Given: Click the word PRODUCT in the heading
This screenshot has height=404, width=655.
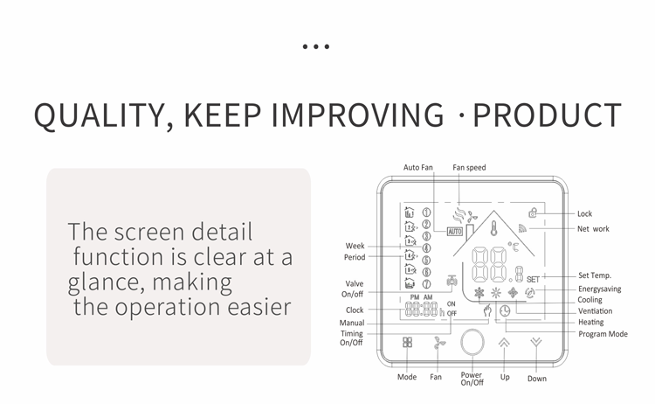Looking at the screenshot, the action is (548, 115).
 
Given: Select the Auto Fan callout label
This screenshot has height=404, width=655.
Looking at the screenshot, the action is (418, 167).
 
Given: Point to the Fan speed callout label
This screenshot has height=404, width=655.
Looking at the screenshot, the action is (469, 167).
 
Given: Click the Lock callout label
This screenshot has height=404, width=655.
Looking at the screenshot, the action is (584, 213).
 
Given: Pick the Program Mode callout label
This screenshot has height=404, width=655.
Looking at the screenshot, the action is (603, 334).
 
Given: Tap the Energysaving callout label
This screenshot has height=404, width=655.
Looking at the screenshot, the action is (599, 289).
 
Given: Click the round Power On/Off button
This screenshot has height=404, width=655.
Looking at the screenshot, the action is (472, 342).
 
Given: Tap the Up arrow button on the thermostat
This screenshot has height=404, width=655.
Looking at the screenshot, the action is (504, 343).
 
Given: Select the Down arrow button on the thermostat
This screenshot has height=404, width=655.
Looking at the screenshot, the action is (536, 343).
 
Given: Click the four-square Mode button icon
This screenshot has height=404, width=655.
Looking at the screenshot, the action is (407, 342).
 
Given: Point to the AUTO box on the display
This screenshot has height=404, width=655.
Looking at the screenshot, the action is (455, 231).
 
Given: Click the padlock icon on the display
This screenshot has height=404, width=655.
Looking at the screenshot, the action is (533, 212).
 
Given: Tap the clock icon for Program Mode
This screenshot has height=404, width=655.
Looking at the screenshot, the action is (505, 310).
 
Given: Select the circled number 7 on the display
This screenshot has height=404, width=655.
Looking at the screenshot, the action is (426, 284).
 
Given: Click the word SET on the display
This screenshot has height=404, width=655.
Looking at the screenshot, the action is (533, 279).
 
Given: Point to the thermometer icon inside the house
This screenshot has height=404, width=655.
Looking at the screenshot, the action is (494, 228).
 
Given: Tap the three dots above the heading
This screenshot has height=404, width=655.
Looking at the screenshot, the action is (316, 46).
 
